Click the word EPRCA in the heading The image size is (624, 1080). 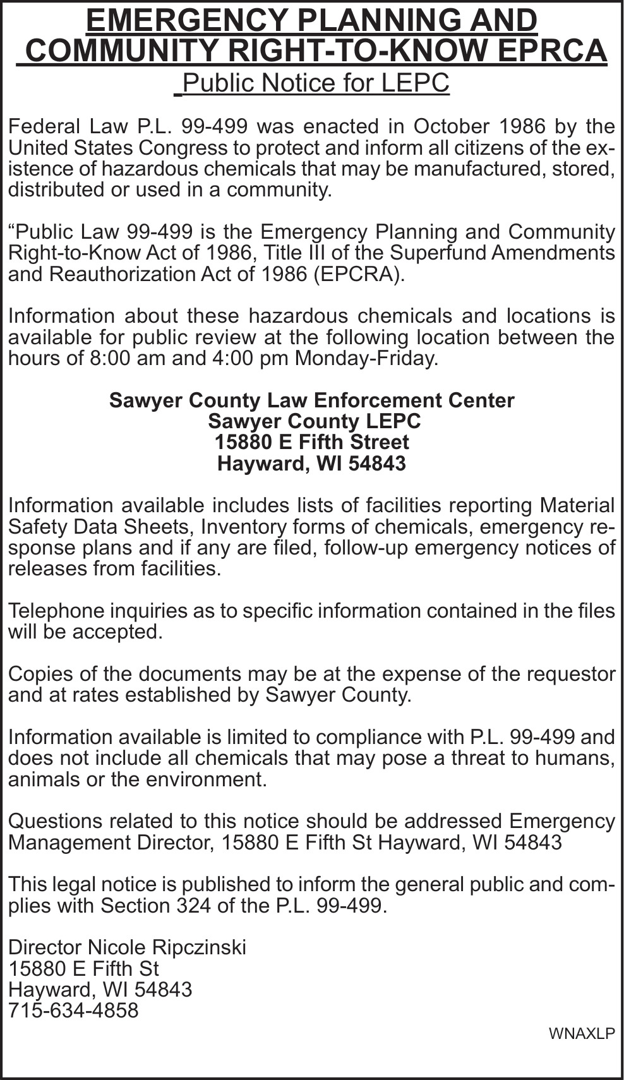(x=552, y=51)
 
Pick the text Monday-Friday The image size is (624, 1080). (x=366, y=358)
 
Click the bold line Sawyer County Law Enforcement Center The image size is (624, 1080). (x=312, y=400)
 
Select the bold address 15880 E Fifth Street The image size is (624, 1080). (x=312, y=442)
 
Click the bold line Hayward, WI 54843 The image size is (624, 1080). (x=311, y=464)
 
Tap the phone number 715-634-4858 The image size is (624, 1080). (x=73, y=1011)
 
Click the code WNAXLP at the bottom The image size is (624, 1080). (x=581, y=1033)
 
